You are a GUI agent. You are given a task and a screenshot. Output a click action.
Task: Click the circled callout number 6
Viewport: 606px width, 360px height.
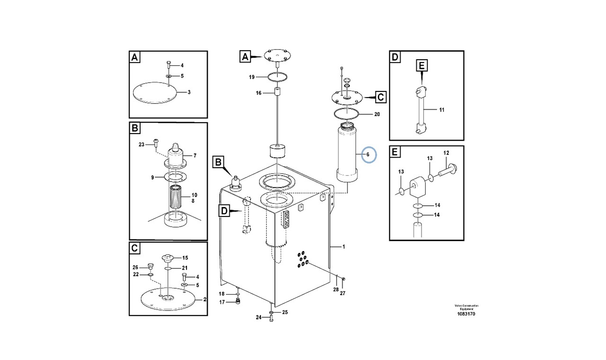click(x=368, y=155)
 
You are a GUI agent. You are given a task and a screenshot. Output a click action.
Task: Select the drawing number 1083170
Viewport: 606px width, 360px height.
click(x=466, y=314)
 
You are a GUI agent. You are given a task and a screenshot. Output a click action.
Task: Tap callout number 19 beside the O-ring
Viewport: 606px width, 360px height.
click(x=252, y=77)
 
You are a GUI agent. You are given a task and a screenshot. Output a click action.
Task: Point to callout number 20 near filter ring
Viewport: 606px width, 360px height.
click(x=377, y=114)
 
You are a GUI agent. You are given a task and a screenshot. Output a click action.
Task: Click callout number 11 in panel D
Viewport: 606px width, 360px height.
click(x=441, y=110)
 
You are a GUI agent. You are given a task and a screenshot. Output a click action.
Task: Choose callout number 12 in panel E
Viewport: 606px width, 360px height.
click(x=446, y=153)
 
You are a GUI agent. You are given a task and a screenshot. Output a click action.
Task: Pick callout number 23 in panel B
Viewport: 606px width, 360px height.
click(x=141, y=144)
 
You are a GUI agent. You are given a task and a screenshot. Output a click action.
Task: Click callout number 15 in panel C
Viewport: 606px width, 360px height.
click(x=185, y=258)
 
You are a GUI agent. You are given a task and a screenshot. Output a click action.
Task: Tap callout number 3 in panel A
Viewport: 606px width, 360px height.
click(x=188, y=92)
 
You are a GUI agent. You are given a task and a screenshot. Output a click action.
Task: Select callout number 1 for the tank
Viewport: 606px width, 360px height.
click(x=344, y=247)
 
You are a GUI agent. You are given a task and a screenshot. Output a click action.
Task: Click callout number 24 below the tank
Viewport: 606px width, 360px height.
click(x=258, y=317)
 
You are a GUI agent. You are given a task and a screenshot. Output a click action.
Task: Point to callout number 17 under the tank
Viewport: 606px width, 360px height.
click(x=222, y=302)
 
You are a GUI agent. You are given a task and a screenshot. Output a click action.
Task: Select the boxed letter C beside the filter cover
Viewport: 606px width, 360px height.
click(x=381, y=98)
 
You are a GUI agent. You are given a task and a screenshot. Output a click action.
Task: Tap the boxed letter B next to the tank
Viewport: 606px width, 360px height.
click(x=218, y=162)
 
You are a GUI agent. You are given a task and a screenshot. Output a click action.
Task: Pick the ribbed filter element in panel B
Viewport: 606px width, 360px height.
click(x=178, y=199)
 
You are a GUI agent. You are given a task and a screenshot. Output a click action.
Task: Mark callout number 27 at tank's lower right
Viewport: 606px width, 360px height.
click(x=342, y=293)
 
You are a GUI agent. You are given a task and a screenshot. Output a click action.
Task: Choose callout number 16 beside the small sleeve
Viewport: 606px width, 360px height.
click(x=258, y=93)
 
